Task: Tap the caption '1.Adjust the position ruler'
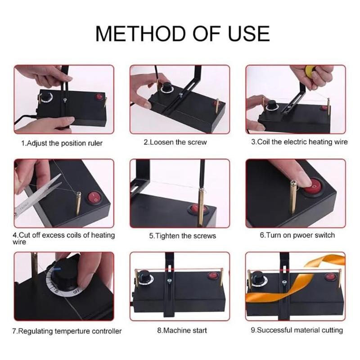62,143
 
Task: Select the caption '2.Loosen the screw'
175,142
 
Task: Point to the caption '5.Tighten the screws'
183,236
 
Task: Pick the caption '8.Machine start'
182,330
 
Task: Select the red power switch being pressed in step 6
313,186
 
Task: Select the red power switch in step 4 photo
94,198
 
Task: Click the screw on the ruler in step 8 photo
170,281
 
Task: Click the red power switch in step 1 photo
99,96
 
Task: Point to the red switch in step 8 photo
213,275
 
